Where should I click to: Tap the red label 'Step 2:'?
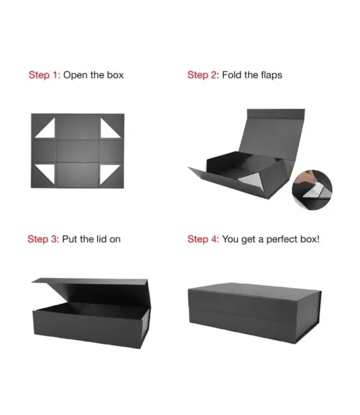click(x=203, y=75)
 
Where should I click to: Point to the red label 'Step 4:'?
click(x=203, y=239)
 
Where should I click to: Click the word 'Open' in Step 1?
click(x=75, y=75)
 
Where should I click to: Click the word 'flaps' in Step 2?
click(x=270, y=75)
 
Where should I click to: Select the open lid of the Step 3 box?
click(x=89, y=288)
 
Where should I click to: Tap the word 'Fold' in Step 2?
click(x=232, y=75)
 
